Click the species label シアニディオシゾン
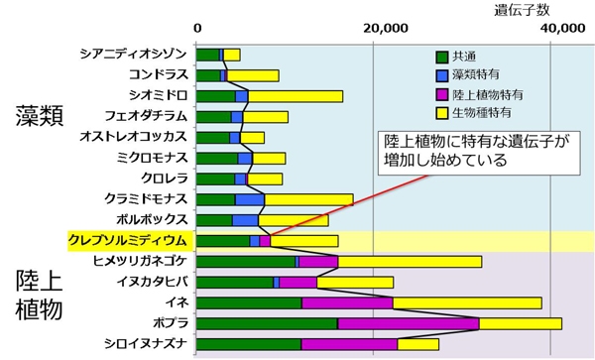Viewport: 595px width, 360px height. [134, 54]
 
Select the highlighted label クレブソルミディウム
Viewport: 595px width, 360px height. [127, 240]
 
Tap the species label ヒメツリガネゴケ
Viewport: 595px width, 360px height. [139, 261]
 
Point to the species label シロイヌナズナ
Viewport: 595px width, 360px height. [144, 344]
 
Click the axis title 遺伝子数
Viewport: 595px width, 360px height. [523, 10]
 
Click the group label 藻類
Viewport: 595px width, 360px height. [40, 115]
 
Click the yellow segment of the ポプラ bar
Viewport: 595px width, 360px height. [521, 323]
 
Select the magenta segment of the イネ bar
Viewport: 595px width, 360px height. [347, 302]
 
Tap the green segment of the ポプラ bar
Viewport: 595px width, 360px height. [268, 323]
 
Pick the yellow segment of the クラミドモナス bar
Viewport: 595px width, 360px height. [308, 199]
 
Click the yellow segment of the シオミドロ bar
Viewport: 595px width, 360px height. [296, 96]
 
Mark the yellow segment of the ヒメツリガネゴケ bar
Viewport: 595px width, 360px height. [410, 261]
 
